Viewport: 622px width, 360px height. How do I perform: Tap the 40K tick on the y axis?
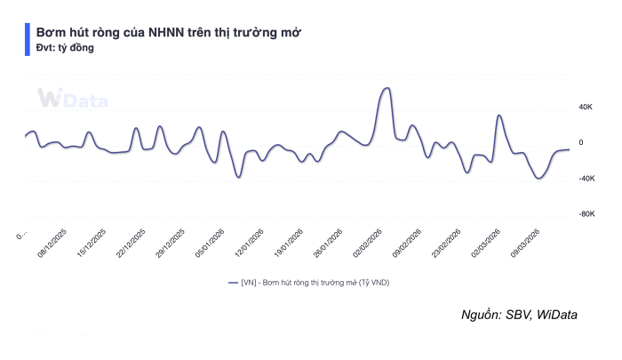pos(586,108)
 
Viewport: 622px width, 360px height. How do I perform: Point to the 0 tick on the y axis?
pos(581,143)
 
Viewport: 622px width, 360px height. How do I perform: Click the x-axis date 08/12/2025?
pos(53,243)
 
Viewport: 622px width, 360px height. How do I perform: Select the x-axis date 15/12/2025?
pos(92,243)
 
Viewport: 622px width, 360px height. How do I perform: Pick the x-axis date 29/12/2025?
pos(171,243)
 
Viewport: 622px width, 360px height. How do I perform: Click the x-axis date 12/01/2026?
pos(250,243)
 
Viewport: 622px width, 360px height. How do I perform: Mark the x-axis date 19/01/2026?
pos(289,243)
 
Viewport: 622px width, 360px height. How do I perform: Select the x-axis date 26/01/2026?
pos(328,243)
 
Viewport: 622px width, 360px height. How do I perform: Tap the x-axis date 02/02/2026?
pos(368,243)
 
